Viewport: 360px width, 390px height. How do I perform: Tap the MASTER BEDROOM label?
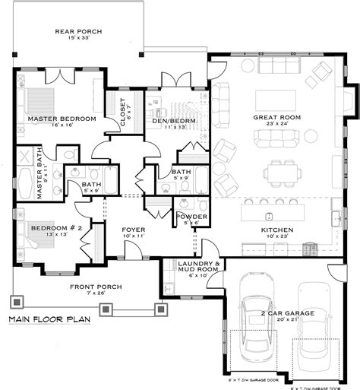[x=62, y=119]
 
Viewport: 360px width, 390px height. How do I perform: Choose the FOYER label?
[x=134, y=229]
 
